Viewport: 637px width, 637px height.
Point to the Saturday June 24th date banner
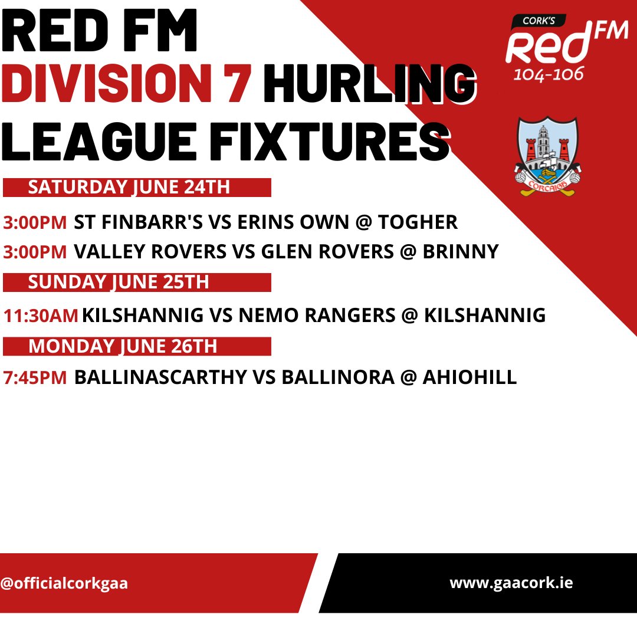[x=137, y=188]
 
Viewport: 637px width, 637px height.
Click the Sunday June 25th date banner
[x=137, y=283]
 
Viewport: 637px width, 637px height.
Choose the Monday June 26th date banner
[x=137, y=346]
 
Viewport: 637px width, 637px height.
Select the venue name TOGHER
[x=418, y=222]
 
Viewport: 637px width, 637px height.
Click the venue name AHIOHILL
[x=470, y=377]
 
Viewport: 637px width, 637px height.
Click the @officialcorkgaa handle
[x=64, y=583]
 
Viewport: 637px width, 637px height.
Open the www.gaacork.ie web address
[x=511, y=583]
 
